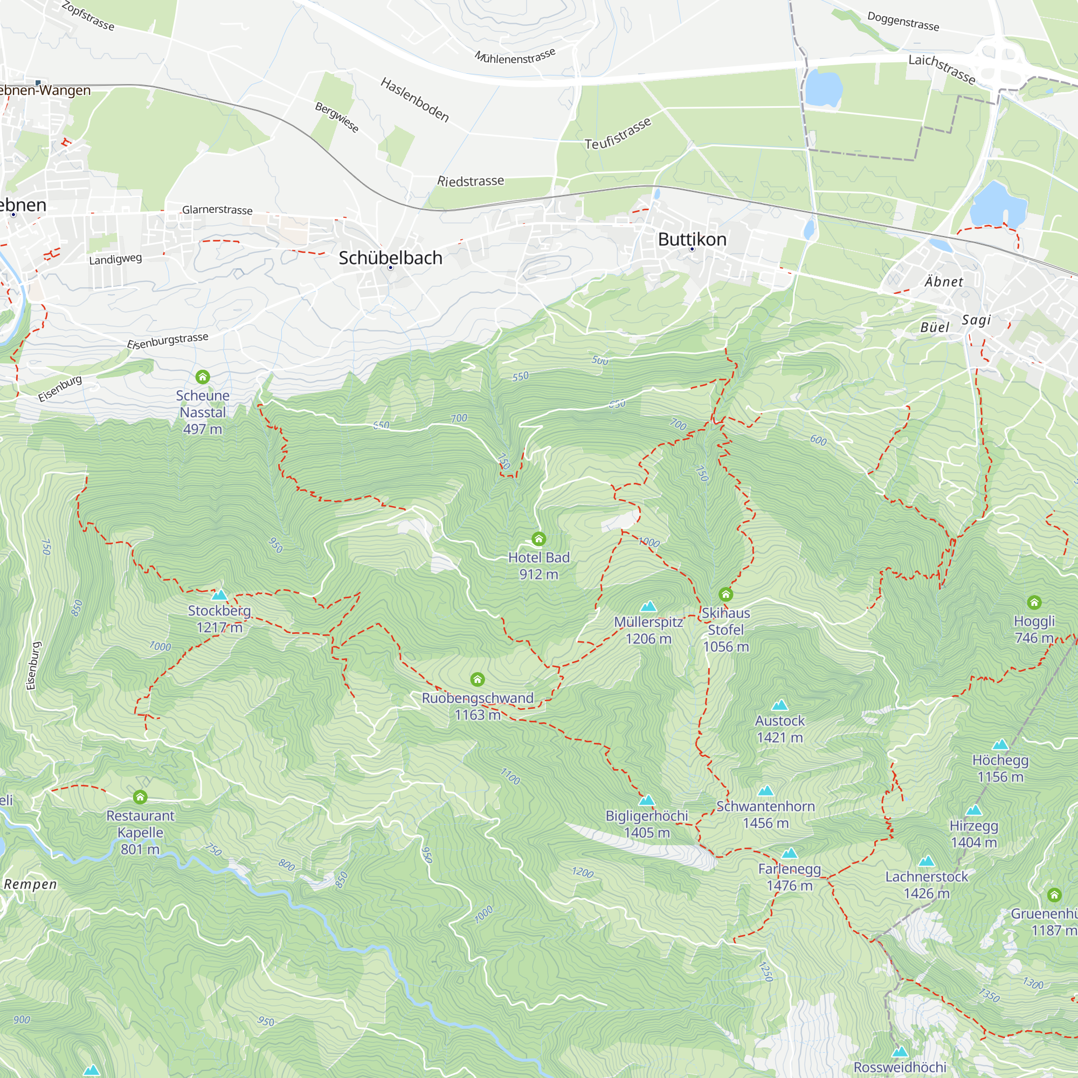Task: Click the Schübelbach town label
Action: point(390,258)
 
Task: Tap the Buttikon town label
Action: point(692,239)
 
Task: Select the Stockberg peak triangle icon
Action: point(219,595)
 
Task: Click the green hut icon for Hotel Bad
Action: point(538,538)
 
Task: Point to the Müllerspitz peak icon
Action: point(648,606)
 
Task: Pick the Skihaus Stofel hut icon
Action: point(725,593)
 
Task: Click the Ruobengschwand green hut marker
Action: point(477,679)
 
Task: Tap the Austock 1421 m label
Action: point(779,729)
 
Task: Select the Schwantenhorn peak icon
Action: point(765,791)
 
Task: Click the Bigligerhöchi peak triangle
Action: point(646,801)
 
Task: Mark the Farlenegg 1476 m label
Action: point(789,876)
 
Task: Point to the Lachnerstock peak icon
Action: point(926,861)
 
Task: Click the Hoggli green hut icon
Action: point(1034,602)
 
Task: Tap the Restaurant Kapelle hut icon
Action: point(140,797)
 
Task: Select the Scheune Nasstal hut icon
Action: point(203,377)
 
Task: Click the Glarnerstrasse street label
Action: point(217,210)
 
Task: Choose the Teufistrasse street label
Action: point(618,134)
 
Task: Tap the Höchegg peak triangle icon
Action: point(1000,745)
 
